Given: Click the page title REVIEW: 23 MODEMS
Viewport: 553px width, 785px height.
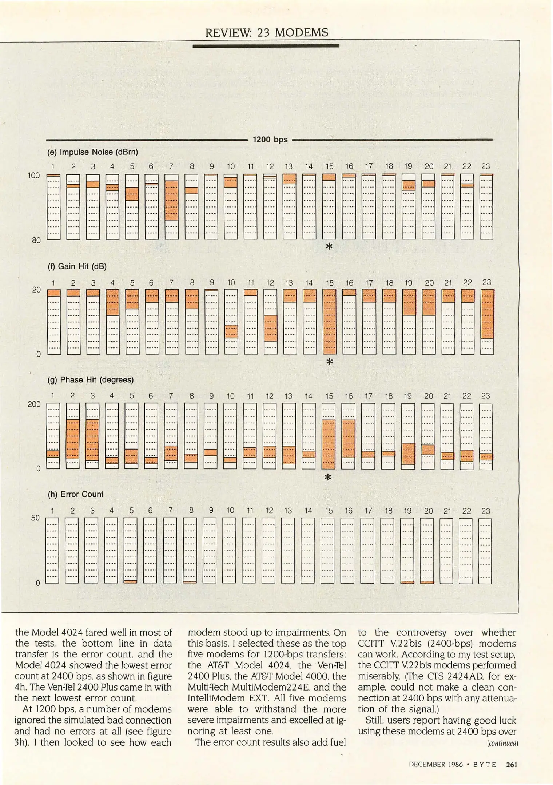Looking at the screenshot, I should click(267, 33).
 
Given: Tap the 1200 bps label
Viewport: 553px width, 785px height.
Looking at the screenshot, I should click(270, 140).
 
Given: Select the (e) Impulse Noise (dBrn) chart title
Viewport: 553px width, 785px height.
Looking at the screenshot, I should click(92, 152).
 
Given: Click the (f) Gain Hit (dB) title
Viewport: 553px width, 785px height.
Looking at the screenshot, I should click(77, 266).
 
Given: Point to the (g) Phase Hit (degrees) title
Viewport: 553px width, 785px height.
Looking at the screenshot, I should click(90, 380).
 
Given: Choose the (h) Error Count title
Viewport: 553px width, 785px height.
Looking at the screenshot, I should click(75, 494).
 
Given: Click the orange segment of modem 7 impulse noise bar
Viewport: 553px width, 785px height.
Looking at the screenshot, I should click(171, 200).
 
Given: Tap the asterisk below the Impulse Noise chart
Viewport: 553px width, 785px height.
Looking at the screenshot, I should click(329, 247).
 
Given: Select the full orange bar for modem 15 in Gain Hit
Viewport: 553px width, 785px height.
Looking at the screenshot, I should click(329, 322).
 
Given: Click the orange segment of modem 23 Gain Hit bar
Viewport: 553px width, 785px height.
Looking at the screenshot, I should click(487, 314).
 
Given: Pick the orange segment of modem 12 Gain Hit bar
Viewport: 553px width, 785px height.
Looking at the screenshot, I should click(270, 328).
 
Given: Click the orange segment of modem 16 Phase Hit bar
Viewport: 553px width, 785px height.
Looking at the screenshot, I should click(348, 438).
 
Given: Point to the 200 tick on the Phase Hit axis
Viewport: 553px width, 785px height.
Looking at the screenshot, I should click(34, 404).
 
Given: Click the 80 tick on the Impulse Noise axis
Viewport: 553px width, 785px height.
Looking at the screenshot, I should click(36, 240).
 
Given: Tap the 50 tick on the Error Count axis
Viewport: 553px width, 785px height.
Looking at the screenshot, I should click(35, 518).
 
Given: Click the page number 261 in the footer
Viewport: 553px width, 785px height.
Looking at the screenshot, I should click(511, 765).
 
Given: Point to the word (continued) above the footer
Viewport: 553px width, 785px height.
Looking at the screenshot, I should click(502, 743).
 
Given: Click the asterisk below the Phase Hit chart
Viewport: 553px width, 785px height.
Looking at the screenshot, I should click(328, 478).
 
